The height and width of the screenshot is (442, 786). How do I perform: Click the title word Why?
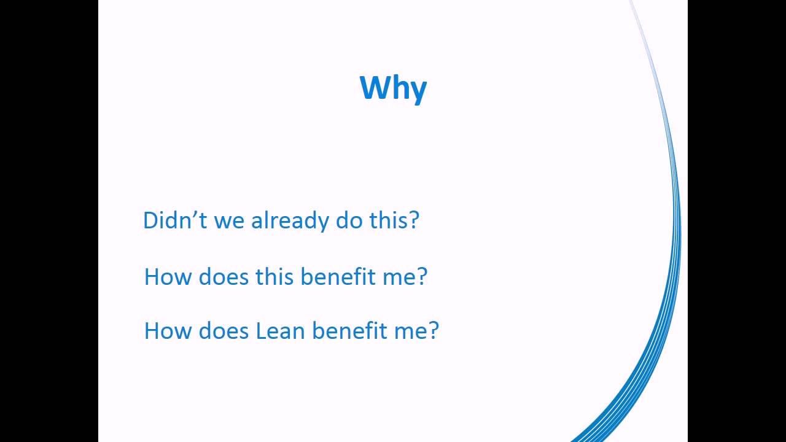coord(394,89)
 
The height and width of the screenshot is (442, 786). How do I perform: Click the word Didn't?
coord(175,220)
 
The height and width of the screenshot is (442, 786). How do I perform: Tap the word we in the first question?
coord(229,222)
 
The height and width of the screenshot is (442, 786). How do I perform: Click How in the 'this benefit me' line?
coord(168,277)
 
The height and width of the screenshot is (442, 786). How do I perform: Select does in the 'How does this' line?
coord(224,277)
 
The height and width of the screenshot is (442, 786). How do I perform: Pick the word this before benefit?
coord(274,277)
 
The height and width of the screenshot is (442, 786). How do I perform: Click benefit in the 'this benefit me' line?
coord(338,277)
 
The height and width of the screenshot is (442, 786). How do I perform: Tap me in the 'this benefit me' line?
coord(399,279)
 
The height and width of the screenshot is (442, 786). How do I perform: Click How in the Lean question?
coord(168,331)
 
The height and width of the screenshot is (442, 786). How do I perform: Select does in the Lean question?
coord(224,331)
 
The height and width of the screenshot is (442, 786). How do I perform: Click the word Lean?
coord(281,331)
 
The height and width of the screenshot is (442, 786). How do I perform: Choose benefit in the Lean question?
coord(349,331)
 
